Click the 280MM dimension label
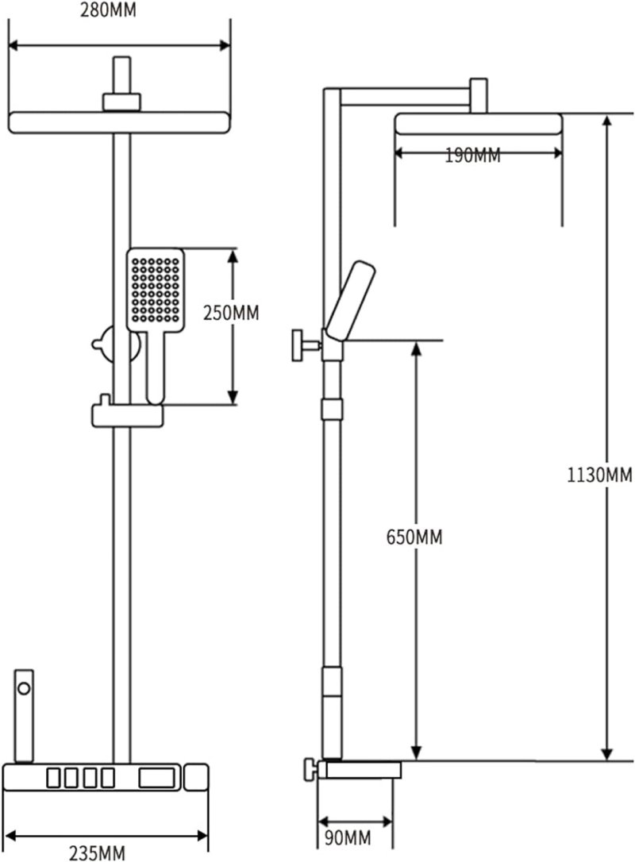(119, 12)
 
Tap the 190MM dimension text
(472, 155)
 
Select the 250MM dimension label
(231, 313)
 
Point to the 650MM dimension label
(414, 537)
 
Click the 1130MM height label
(600, 475)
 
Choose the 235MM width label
(98, 852)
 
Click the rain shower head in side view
(478, 124)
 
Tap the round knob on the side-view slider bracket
(300, 345)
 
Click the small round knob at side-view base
(309, 768)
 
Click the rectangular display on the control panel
(159, 775)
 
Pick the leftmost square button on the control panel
(56, 775)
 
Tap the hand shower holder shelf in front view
(128, 414)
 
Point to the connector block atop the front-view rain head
(121, 102)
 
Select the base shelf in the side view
(359, 768)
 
